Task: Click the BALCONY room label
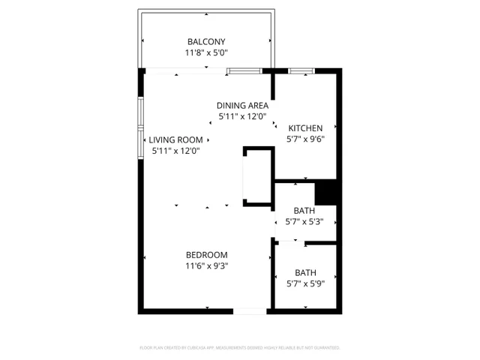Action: point(206,41)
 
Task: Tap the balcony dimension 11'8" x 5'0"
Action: point(206,53)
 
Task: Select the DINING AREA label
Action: point(242,106)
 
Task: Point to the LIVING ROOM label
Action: point(175,139)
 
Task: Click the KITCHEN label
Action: point(305,127)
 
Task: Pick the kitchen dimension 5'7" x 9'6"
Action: point(305,139)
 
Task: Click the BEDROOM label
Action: point(207,254)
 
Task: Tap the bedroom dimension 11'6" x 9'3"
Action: point(207,265)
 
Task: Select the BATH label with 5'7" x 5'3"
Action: point(304,211)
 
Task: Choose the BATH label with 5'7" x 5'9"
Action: point(305,272)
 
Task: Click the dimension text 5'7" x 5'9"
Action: point(305,284)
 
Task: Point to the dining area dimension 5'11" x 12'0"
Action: point(242,117)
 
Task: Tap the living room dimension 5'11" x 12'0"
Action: point(175,151)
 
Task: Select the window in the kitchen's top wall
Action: point(301,70)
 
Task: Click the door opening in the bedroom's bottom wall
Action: point(250,311)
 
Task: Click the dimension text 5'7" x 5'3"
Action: point(304,222)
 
